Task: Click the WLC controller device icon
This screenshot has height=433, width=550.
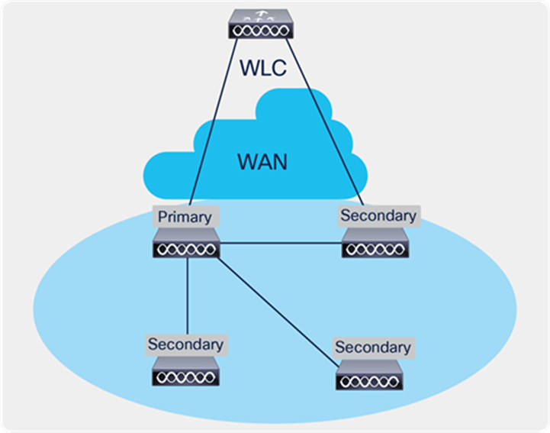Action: pyautogui.click(x=262, y=24)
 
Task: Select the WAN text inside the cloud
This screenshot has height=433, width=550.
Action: pyautogui.click(x=262, y=161)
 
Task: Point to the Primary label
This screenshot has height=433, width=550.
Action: pyautogui.click(x=184, y=216)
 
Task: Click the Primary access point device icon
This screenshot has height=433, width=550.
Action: pyautogui.click(x=186, y=246)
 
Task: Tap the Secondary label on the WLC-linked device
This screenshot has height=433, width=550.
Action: pyautogui.click(x=378, y=215)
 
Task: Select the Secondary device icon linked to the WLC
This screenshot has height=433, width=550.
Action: pyautogui.click(x=375, y=246)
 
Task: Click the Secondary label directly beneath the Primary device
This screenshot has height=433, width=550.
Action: pyautogui.click(x=186, y=344)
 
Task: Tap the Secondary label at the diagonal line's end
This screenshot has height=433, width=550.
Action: pyautogui.click(x=372, y=347)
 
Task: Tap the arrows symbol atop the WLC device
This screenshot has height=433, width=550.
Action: pyautogui.click(x=262, y=14)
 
